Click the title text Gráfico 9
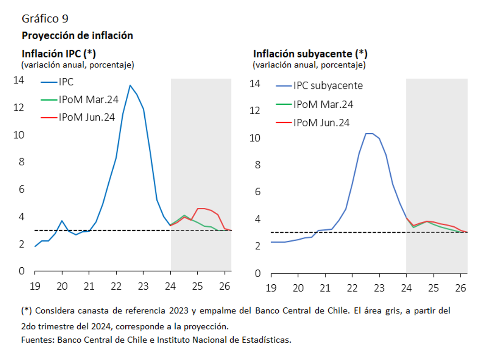(45, 19)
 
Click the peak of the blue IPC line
(130, 85)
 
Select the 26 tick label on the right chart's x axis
(460, 288)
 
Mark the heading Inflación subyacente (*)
(310, 54)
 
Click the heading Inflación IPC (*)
(59, 54)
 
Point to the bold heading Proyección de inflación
(77, 36)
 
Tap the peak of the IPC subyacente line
(369, 133)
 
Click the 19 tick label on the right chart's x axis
(271, 288)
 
